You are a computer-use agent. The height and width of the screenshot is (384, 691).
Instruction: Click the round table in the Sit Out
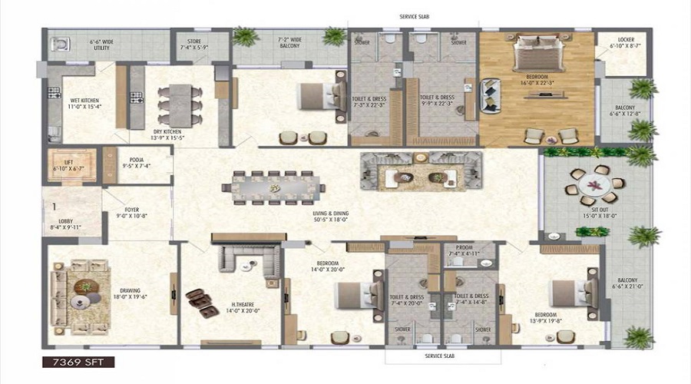(593, 184)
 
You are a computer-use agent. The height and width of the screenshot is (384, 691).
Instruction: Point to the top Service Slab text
(415, 16)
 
